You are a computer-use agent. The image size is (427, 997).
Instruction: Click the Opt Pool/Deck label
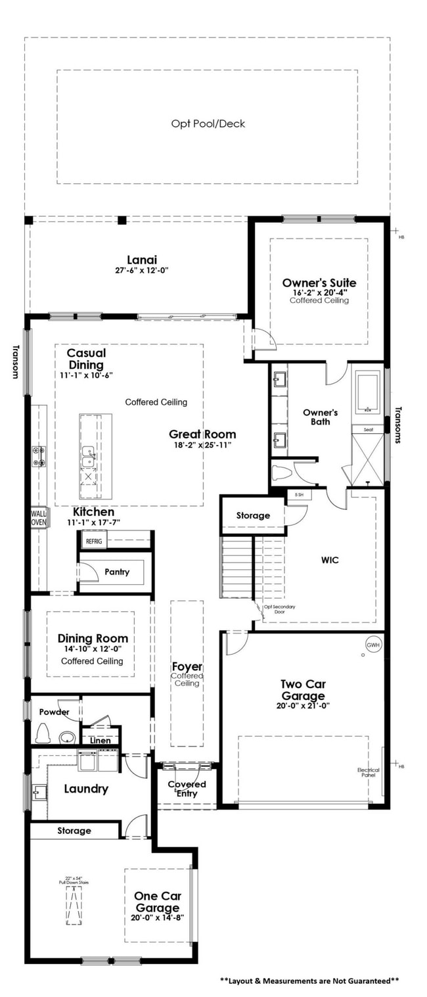pos(208,124)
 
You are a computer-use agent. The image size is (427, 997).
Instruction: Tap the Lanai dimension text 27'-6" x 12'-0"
pos(142,269)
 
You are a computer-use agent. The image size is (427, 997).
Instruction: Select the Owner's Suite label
pos(319,283)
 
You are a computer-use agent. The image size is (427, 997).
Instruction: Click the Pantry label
pos(117,572)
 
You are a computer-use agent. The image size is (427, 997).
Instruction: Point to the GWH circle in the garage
pos(373,644)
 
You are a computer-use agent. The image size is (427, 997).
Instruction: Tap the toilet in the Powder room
pos(44,732)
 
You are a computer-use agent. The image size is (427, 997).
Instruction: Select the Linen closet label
pos(101,741)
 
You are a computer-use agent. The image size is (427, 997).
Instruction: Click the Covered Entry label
pos(187,789)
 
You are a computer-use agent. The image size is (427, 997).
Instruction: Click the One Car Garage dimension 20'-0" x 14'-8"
pos(157,917)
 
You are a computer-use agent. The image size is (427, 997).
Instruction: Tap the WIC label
pos(330,560)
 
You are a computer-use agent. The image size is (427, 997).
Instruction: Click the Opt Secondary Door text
pos(279,609)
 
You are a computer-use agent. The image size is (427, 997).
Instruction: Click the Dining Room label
pos(93,638)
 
